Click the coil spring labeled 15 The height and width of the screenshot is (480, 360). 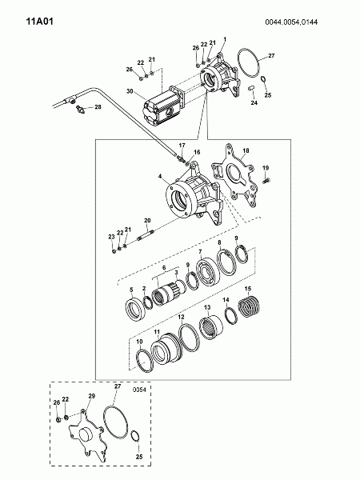pos(249,306)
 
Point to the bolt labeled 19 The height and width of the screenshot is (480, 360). pos(266,181)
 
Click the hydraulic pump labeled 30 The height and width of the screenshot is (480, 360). pos(164,106)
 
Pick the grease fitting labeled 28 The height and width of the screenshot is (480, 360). pos(81,109)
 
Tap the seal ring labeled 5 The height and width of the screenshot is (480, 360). pos(134,309)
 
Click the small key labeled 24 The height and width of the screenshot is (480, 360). pos(251,88)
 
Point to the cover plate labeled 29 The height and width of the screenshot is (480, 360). pos(88,436)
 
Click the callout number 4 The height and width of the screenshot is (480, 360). pos(160,176)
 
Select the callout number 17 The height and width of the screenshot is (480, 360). pos(182,145)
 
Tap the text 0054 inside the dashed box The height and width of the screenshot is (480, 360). pos(139,390)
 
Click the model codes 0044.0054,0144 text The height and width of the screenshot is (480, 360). pos(291,22)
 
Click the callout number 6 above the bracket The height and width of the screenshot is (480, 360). pos(164,268)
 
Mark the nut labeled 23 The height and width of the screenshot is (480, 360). pos(114,251)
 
